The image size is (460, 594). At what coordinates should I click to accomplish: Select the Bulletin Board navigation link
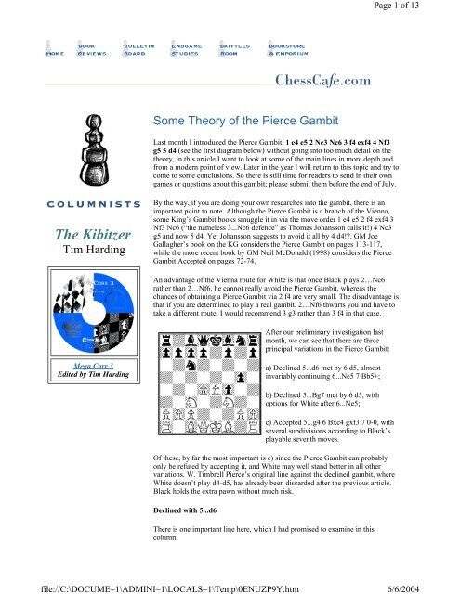(138, 48)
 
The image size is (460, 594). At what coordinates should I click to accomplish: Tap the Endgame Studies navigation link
(190, 48)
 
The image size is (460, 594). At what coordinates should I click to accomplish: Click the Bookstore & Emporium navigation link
(296, 48)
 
